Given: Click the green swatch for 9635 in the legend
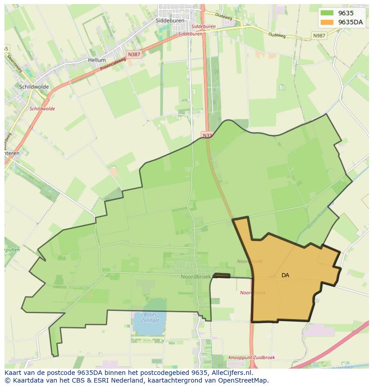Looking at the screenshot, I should [x=327, y=14].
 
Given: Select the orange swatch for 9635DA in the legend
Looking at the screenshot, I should [x=327, y=22].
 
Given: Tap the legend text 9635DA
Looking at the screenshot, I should [x=350, y=22].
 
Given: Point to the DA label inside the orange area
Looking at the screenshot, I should [x=285, y=275].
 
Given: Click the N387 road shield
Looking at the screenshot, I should [x=134, y=54].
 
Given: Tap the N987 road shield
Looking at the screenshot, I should [x=319, y=35].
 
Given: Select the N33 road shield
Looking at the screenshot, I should [x=207, y=135].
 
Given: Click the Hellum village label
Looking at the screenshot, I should [x=97, y=60].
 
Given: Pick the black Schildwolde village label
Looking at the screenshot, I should [x=34, y=87].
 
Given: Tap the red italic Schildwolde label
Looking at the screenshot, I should [x=42, y=109].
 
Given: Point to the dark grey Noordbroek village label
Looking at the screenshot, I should [x=196, y=277].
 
